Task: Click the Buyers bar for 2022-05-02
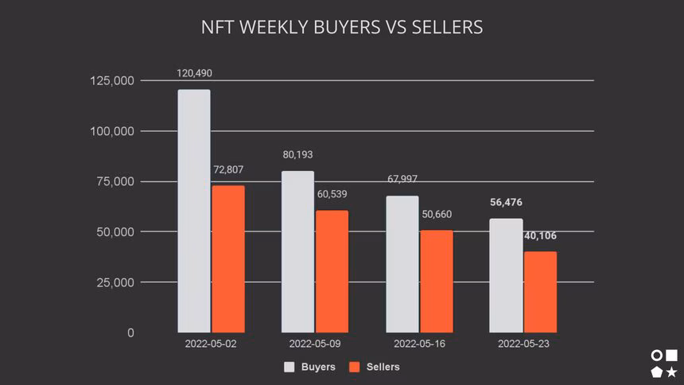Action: click(x=194, y=211)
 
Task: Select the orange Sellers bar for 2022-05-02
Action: click(x=228, y=259)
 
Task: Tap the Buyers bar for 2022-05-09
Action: click(x=297, y=251)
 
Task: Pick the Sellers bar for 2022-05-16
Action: click(x=437, y=281)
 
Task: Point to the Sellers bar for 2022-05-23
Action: click(x=541, y=292)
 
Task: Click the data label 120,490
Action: click(x=194, y=73)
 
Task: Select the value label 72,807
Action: click(x=228, y=169)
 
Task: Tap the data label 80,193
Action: click(x=298, y=154)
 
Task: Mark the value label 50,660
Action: click(x=437, y=215)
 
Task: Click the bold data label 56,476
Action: click(x=506, y=202)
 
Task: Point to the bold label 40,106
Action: click(x=541, y=235)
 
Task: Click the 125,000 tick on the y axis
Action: click(x=111, y=81)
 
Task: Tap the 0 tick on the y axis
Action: click(x=130, y=332)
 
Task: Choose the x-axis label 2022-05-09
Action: click(x=315, y=344)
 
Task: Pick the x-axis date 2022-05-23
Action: click(x=523, y=344)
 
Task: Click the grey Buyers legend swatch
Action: click(x=290, y=367)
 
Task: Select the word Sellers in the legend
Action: click(x=383, y=367)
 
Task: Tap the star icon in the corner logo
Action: click(x=672, y=371)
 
